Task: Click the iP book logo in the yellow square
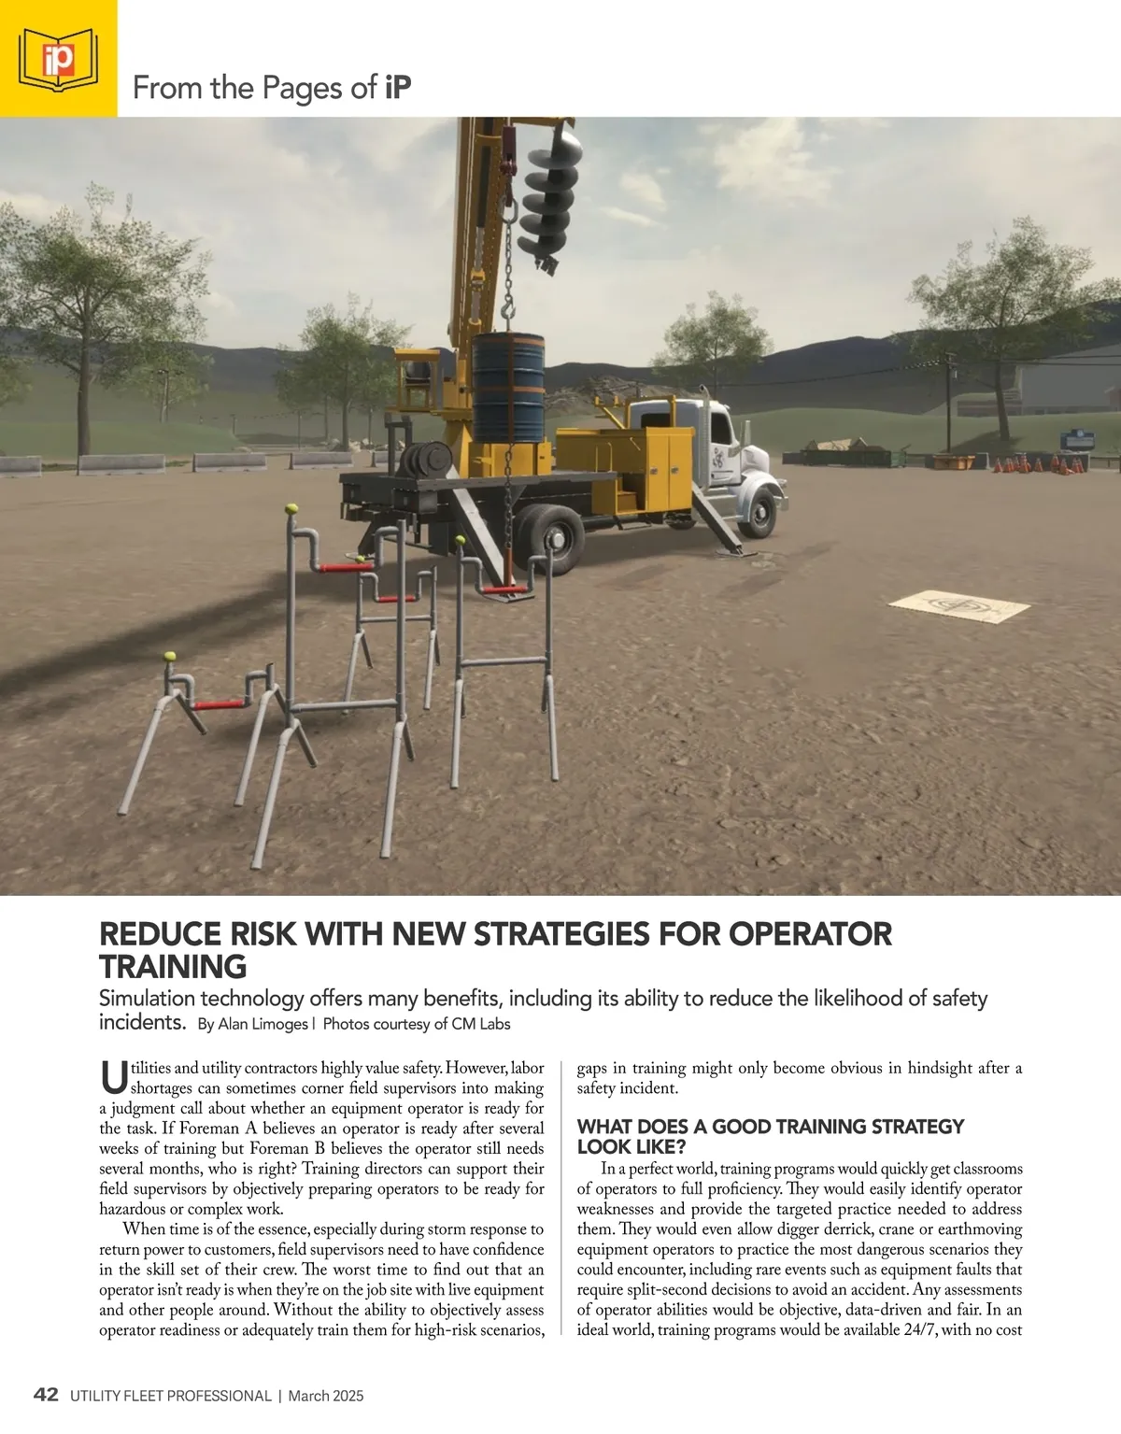click(58, 59)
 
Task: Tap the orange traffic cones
click(1037, 463)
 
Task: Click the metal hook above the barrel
click(508, 305)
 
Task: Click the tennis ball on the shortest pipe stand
click(170, 657)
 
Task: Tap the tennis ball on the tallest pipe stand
click(291, 509)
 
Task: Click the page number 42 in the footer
click(46, 1396)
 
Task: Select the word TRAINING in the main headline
click(173, 965)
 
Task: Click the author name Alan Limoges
click(263, 1024)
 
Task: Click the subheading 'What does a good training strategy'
click(771, 1127)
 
